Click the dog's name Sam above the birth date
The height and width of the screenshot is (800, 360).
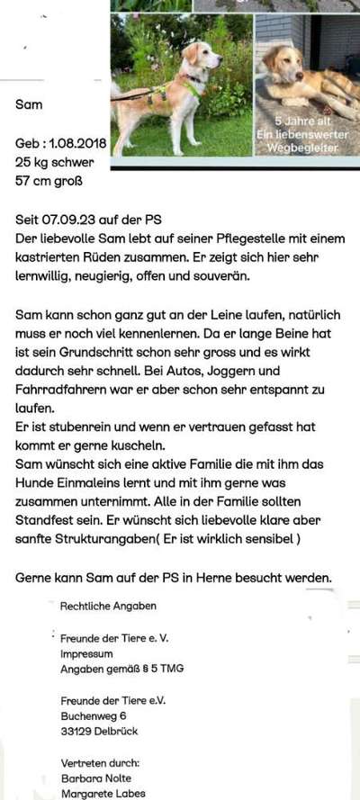pyautogui.click(x=29, y=104)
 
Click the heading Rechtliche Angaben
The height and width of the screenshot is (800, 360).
pyautogui.click(x=108, y=606)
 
